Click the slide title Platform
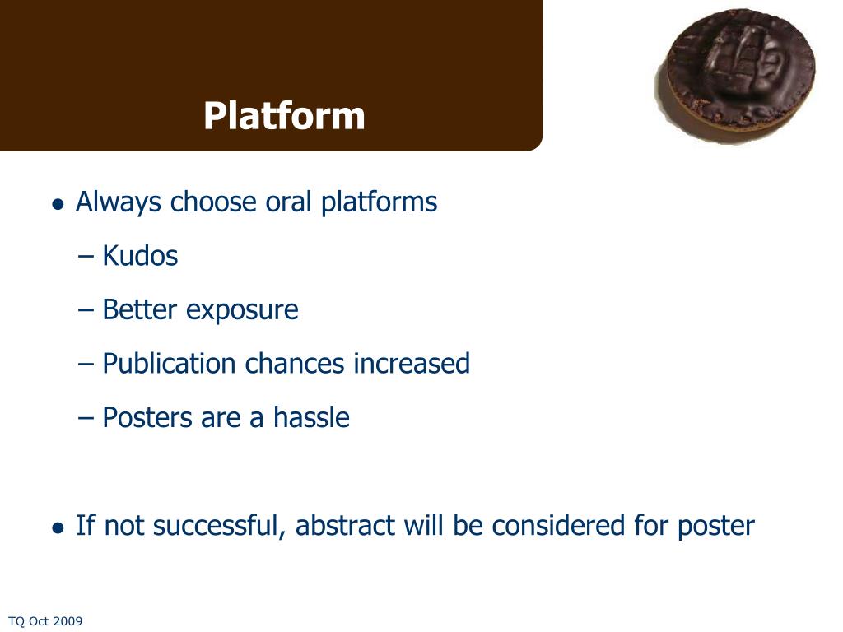click(x=284, y=115)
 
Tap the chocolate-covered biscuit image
click(x=735, y=76)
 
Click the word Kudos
click(x=140, y=255)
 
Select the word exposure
click(x=242, y=310)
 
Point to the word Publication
click(x=169, y=364)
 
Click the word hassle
click(x=311, y=417)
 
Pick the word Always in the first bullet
click(x=119, y=203)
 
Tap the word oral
click(x=288, y=202)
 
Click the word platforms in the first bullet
click(x=379, y=203)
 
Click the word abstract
click(x=345, y=525)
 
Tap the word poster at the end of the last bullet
click(x=716, y=526)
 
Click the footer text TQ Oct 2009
click(x=45, y=621)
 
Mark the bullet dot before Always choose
click(x=58, y=205)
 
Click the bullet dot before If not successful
click(x=58, y=527)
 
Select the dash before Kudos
click(x=86, y=257)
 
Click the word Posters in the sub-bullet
click(x=147, y=417)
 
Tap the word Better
click(x=139, y=309)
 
